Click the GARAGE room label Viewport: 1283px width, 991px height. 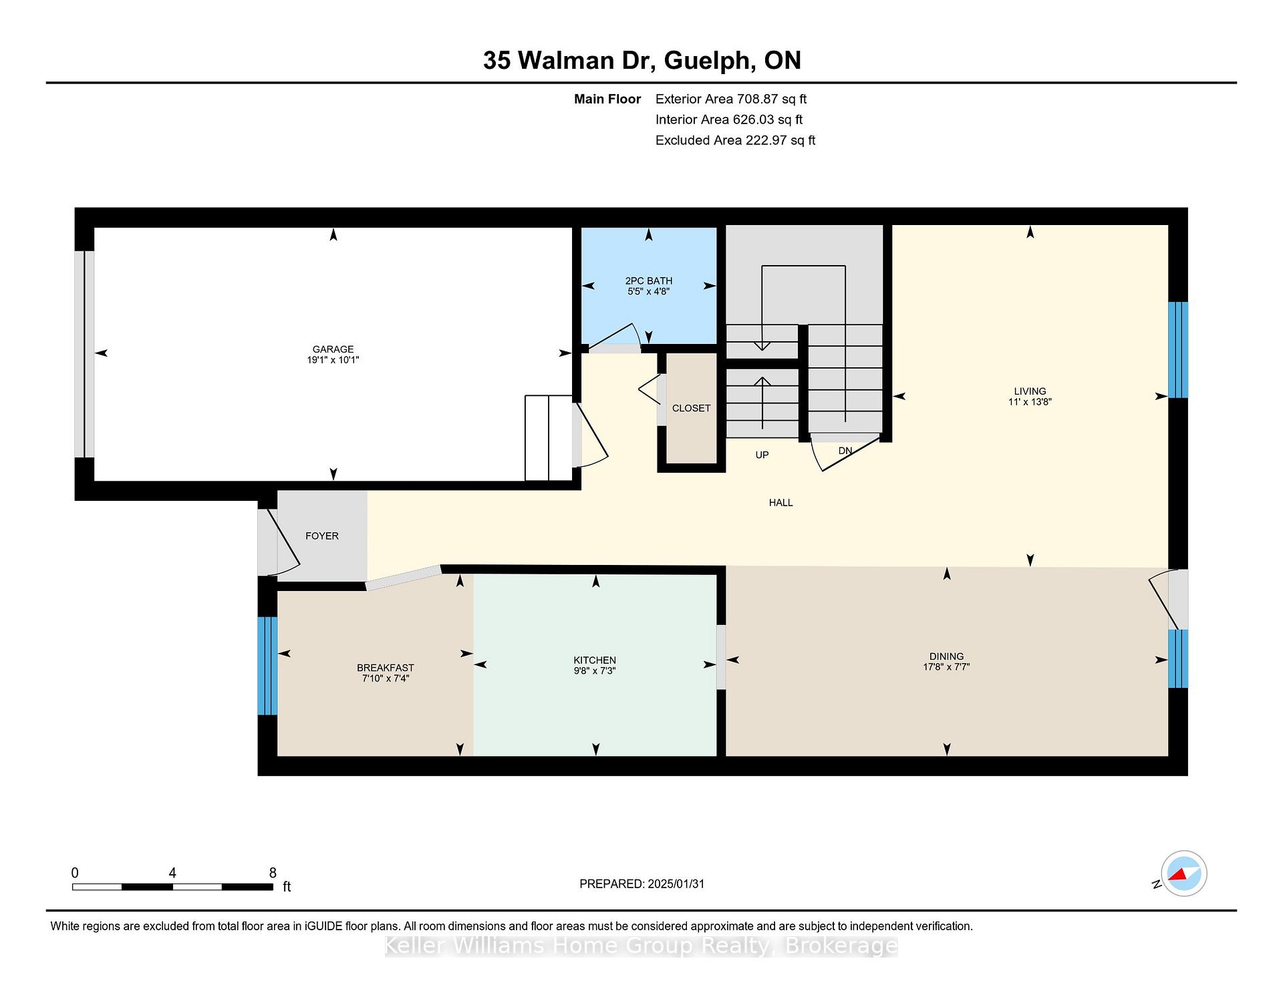(333, 349)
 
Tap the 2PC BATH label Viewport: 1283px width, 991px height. (648, 281)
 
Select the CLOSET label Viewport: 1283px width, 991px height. (691, 408)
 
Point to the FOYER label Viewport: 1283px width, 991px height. (322, 536)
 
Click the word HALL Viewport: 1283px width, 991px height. (780, 503)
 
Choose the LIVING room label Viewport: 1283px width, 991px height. (1030, 391)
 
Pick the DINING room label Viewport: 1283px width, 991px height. (946, 656)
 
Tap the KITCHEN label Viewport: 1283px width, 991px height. (595, 660)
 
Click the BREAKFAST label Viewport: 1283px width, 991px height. (386, 668)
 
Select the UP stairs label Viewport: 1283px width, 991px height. (762, 455)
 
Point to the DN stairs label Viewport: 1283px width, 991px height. (845, 451)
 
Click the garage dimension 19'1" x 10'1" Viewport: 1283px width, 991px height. (333, 360)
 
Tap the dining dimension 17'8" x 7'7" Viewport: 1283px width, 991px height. (946, 666)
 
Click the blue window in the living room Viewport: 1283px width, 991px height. (1178, 350)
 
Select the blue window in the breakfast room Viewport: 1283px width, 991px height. (267, 666)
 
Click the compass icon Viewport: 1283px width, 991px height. (1183, 873)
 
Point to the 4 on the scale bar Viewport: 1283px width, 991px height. (172, 873)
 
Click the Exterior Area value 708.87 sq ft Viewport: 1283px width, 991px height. (772, 99)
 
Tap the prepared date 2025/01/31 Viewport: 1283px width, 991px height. (676, 883)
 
